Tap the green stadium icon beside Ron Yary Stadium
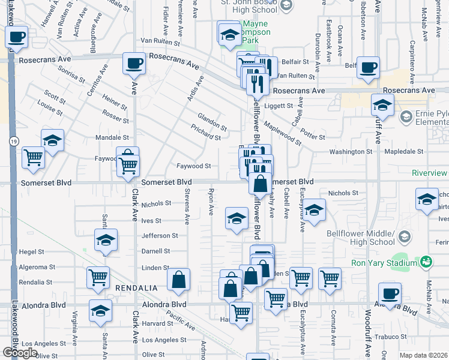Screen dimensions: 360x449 point(426,262)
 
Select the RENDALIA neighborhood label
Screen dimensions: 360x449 point(137,288)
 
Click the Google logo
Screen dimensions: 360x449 point(20,353)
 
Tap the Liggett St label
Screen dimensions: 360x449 point(280,105)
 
